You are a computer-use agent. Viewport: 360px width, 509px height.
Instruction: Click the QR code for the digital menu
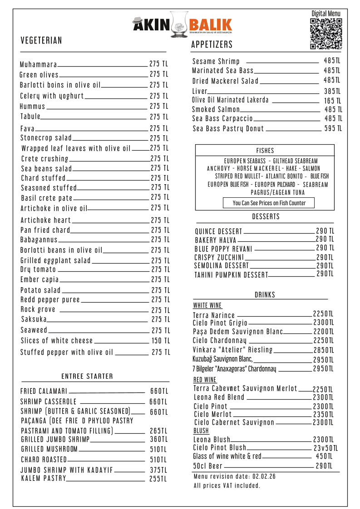(x=326, y=34)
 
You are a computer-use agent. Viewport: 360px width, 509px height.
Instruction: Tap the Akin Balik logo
(x=182, y=24)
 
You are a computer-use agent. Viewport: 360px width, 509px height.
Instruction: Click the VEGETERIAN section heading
(x=41, y=41)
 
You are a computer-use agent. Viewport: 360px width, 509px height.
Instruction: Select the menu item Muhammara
(x=39, y=64)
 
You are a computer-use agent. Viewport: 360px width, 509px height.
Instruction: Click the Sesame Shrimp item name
(x=216, y=61)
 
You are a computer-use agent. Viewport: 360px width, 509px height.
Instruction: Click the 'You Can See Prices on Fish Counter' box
(x=269, y=203)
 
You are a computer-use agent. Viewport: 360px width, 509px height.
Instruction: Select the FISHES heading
(x=265, y=151)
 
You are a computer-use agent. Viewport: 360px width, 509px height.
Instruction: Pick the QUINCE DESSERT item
(x=219, y=231)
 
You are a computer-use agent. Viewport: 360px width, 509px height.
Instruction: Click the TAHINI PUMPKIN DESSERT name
(x=231, y=275)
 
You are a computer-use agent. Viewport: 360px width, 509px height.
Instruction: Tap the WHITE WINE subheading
(x=207, y=306)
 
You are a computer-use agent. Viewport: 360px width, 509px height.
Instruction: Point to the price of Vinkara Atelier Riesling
(x=323, y=350)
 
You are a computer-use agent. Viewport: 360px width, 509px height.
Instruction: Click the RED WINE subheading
(x=205, y=380)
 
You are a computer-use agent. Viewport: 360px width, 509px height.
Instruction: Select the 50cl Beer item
(x=208, y=466)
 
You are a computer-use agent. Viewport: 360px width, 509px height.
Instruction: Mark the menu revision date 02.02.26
(x=264, y=476)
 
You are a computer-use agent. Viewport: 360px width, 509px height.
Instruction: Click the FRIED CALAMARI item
(x=44, y=391)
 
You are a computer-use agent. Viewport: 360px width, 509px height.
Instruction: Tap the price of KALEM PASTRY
(x=158, y=479)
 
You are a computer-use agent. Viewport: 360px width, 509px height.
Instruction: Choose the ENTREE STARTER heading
(x=87, y=377)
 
